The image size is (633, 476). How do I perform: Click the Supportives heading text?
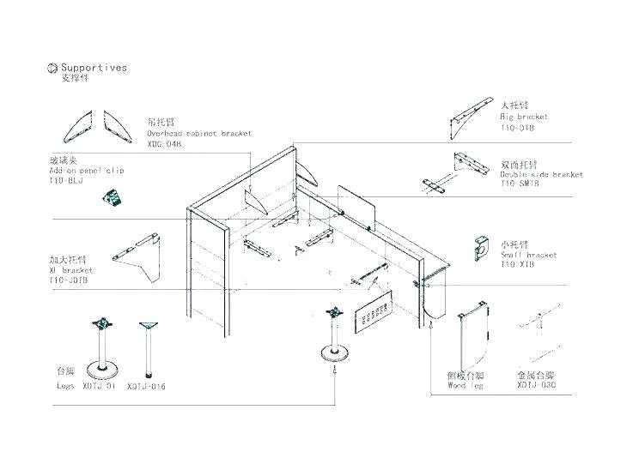pyautogui.click(x=94, y=67)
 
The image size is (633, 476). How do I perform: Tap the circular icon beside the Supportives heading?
pyautogui.click(x=52, y=68)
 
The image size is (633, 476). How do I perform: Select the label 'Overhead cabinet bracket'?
pyautogui.click(x=198, y=135)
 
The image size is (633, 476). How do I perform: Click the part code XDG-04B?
pyautogui.click(x=165, y=144)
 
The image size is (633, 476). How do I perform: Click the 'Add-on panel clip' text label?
pyautogui.click(x=87, y=171)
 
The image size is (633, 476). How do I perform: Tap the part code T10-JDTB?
pyautogui.click(x=69, y=280)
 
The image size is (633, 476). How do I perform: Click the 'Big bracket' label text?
pyautogui.click(x=524, y=116)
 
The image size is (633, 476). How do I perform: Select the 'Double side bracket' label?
pyautogui.click(x=542, y=174)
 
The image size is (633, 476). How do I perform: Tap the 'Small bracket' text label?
pyautogui.click(x=528, y=255)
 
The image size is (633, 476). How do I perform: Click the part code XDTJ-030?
pyautogui.click(x=538, y=386)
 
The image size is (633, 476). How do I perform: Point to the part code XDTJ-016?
pyautogui.click(x=146, y=387)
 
